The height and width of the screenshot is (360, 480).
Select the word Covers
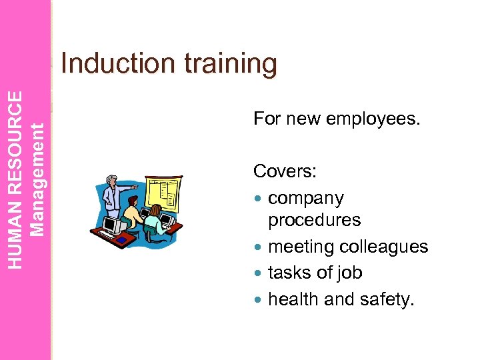[285, 172]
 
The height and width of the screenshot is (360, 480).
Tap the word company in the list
[305, 199]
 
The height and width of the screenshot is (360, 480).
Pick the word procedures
[314, 220]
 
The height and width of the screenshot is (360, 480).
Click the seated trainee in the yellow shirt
[133, 217]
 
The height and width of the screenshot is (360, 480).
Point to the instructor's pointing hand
[136, 188]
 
